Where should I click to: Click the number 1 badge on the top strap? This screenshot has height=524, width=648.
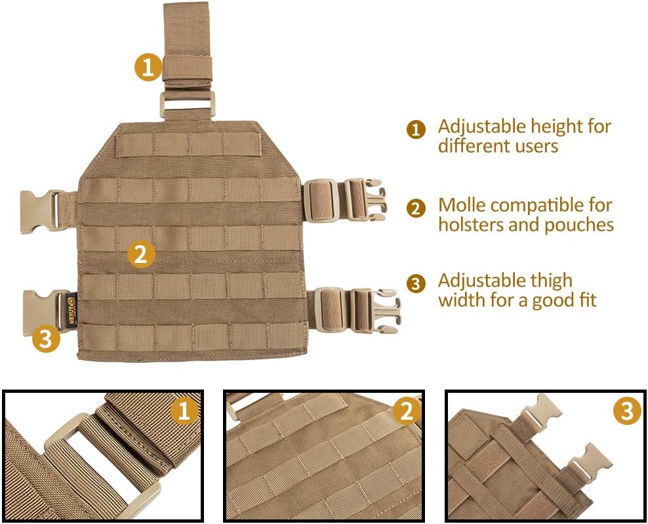[148, 68]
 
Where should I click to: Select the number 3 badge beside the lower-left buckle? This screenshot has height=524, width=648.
[45, 338]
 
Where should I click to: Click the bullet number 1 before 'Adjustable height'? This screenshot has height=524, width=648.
[416, 129]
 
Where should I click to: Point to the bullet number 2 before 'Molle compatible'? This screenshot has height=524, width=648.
[416, 209]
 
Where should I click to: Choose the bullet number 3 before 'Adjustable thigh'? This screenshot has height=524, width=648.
[416, 284]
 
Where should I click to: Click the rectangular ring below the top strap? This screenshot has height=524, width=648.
[187, 104]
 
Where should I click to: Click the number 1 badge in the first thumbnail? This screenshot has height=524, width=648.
[184, 411]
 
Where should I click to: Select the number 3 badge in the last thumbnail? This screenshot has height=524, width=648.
[628, 411]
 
